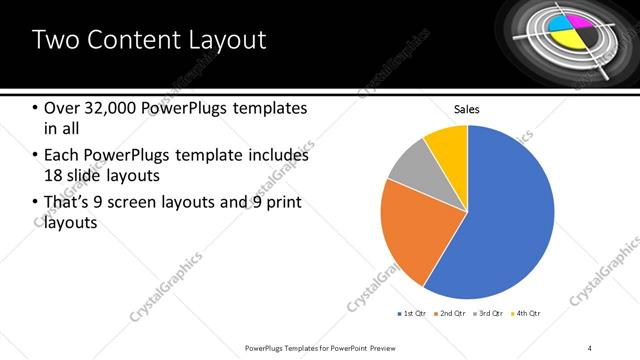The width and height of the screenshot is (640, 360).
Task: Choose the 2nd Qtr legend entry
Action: (451, 314)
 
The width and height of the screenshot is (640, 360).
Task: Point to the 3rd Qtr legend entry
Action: (491, 314)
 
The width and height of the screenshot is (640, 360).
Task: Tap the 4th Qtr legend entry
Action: (527, 314)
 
